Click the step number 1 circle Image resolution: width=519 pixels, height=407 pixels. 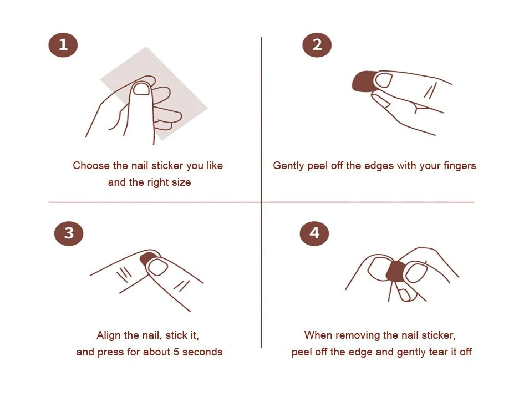pos(63,45)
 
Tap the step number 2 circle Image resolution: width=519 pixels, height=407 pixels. pos(317,45)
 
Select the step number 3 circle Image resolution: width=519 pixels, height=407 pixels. pos(69,233)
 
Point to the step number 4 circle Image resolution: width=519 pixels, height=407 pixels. pos(314,233)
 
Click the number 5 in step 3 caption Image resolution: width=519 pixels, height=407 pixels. pos(176,352)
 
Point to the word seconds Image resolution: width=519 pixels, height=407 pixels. pos(202,352)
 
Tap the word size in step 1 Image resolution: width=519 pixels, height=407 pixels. pos(181,182)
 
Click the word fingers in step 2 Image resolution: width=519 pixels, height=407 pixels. pos(460,166)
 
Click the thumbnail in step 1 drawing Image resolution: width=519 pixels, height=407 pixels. pos(141,89)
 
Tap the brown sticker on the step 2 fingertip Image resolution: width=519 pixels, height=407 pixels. pos(363,82)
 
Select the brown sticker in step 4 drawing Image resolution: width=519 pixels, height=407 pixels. pos(396,271)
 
